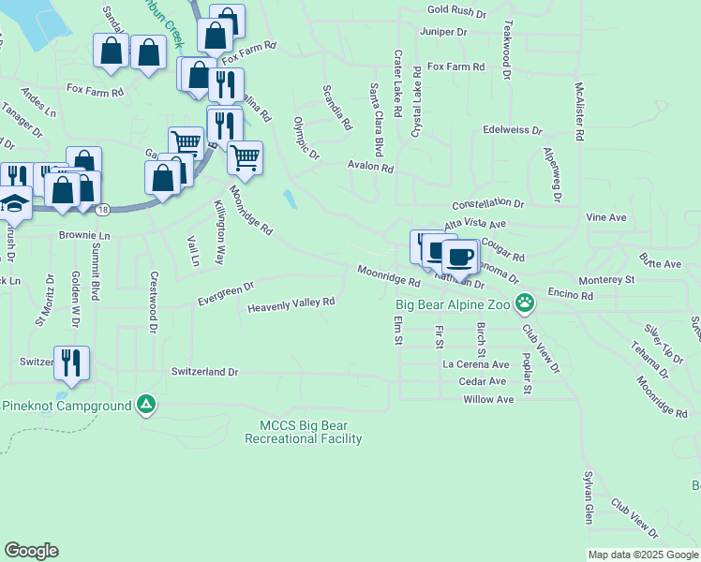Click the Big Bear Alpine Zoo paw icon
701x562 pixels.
click(x=528, y=303)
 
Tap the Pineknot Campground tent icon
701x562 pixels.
click(x=145, y=405)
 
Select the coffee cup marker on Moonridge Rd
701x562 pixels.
click(x=460, y=256)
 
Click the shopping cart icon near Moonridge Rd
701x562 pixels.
click(x=245, y=156)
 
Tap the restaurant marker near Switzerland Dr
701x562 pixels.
click(x=71, y=362)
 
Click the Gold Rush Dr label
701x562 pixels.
click(x=456, y=12)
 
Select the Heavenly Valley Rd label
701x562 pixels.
click(x=291, y=304)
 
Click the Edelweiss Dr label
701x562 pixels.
click(x=513, y=130)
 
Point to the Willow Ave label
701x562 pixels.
click(x=488, y=399)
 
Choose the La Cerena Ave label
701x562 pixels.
click(x=476, y=364)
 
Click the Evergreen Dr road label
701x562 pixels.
click(x=226, y=293)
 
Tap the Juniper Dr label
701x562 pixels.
click(x=443, y=32)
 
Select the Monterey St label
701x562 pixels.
click(x=605, y=279)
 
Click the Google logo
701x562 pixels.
click(x=31, y=551)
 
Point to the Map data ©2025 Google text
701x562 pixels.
click(x=642, y=555)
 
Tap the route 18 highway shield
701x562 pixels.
click(x=100, y=208)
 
